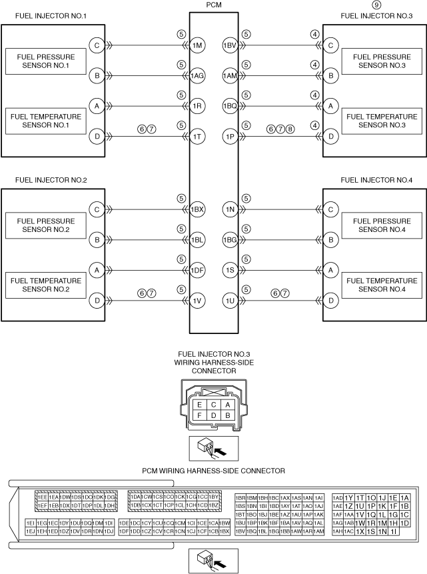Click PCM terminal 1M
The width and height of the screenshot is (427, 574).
coord(197,45)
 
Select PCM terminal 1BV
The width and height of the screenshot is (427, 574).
coord(230,45)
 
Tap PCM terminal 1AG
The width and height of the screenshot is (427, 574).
coord(197,76)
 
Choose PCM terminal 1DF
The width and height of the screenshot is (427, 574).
coord(197,271)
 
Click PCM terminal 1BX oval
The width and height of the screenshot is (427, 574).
coord(197,209)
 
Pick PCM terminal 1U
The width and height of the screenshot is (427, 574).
coord(230,301)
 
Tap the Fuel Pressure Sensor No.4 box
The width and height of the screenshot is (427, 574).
coord(378,225)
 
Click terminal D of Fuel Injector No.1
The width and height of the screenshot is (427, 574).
coord(97,137)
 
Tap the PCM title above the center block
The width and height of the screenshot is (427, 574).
coord(214,5)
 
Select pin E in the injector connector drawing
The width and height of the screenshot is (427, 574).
coord(198,404)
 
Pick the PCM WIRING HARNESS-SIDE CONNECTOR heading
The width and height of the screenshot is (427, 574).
coord(214,471)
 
